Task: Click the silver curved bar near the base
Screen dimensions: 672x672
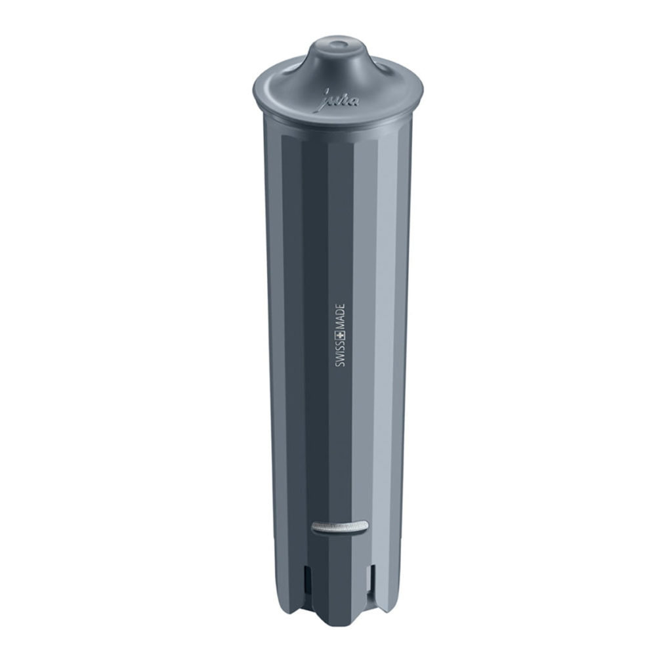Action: [x=341, y=527]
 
